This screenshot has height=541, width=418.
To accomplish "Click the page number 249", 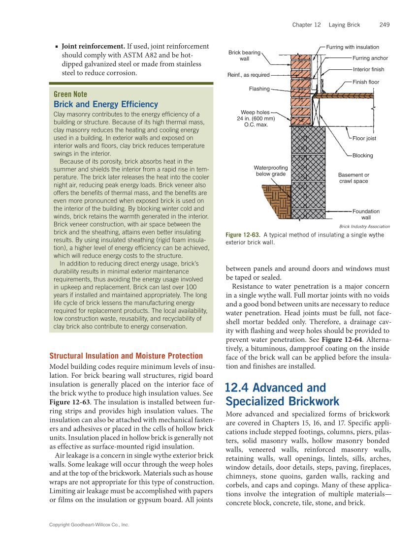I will pos(385,25).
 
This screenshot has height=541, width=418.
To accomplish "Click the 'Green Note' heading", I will pos(70,94).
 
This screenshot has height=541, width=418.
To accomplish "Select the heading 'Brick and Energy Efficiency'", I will pos(106,104).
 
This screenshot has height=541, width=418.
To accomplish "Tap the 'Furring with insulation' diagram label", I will pos(353,47).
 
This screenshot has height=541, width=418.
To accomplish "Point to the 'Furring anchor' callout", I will pos(370,58).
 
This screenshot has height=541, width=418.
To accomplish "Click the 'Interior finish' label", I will pos(368,69).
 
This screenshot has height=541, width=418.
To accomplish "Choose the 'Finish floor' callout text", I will pos(366,82).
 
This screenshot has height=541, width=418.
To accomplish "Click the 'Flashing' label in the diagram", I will pos(259,89).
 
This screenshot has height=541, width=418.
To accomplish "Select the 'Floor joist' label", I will pos(364,138).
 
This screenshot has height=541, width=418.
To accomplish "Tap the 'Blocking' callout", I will pos(363,155).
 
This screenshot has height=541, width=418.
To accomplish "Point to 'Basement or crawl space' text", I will pos(354,178).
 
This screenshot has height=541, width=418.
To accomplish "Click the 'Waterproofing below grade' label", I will pos(271,171).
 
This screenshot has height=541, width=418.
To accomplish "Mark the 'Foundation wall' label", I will pos(366,214).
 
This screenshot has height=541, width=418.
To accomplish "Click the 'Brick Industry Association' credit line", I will pos(364,227).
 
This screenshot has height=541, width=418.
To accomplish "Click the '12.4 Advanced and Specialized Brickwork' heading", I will pos(282,394).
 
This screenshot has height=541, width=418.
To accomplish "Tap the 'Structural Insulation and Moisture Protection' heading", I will pos(126,356).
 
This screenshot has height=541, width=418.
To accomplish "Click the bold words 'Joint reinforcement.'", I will pos(94,46).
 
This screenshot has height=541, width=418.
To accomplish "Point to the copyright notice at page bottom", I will pos(89,525).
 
